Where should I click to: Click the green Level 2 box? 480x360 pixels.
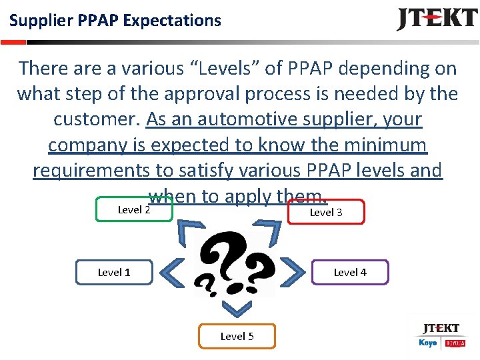pyautogui.click(x=134, y=209)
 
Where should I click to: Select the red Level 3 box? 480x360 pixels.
pyautogui.click(x=326, y=212)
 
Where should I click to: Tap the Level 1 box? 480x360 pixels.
pyautogui.click(x=114, y=272)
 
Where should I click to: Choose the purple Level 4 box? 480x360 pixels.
pyautogui.click(x=350, y=272)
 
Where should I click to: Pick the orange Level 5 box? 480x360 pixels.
pyautogui.click(x=237, y=336)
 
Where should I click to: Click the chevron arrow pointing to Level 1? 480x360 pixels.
pyautogui.click(x=173, y=271)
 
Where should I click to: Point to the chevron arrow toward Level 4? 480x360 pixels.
pyautogui.click(x=294, y=271)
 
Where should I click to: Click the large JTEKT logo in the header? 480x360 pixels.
pyautogui.click(x=437, y=19)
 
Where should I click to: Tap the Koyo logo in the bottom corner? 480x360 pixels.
pyautogui.click(x=427, y=343)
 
